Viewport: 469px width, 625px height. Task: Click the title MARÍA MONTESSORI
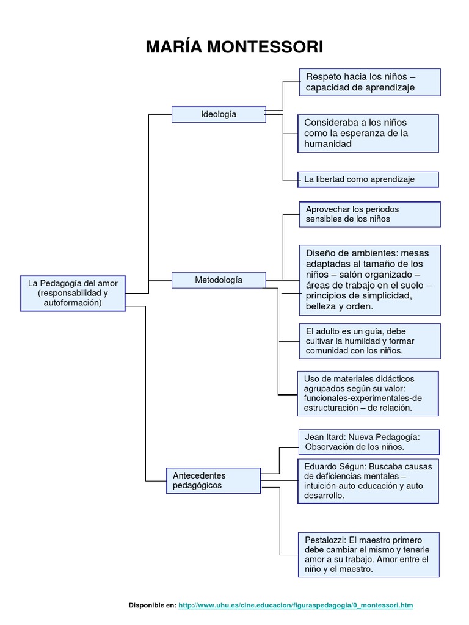click(234, 47)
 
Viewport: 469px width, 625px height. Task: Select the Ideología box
click(219, 114)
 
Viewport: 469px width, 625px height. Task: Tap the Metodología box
click(219, 280)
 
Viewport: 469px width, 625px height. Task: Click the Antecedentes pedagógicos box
click(213, 480)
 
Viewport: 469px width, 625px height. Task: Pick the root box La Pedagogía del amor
click(73, 293)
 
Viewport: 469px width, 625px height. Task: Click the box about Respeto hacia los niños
click(369, 82)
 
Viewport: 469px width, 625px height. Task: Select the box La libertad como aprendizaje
click(369, 179)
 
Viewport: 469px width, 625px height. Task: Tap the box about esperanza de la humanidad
click(368, 133)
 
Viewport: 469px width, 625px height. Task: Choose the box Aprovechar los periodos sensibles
click(369, 214)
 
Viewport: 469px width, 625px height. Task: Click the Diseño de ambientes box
click(369, 280)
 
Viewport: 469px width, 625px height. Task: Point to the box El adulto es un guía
click(369, 341)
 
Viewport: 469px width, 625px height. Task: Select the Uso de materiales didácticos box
click(368, 394)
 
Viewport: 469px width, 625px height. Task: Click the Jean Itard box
click(369, 442)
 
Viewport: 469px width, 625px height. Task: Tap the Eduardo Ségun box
click(368, 481)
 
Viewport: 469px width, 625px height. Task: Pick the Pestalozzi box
click(369, 554)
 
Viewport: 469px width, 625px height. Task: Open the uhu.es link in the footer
click(296, 605)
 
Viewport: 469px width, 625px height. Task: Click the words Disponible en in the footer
click(151, 605)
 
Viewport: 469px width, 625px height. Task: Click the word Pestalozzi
click(325, 540)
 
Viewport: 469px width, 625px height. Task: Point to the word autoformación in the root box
click(73, 302)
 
